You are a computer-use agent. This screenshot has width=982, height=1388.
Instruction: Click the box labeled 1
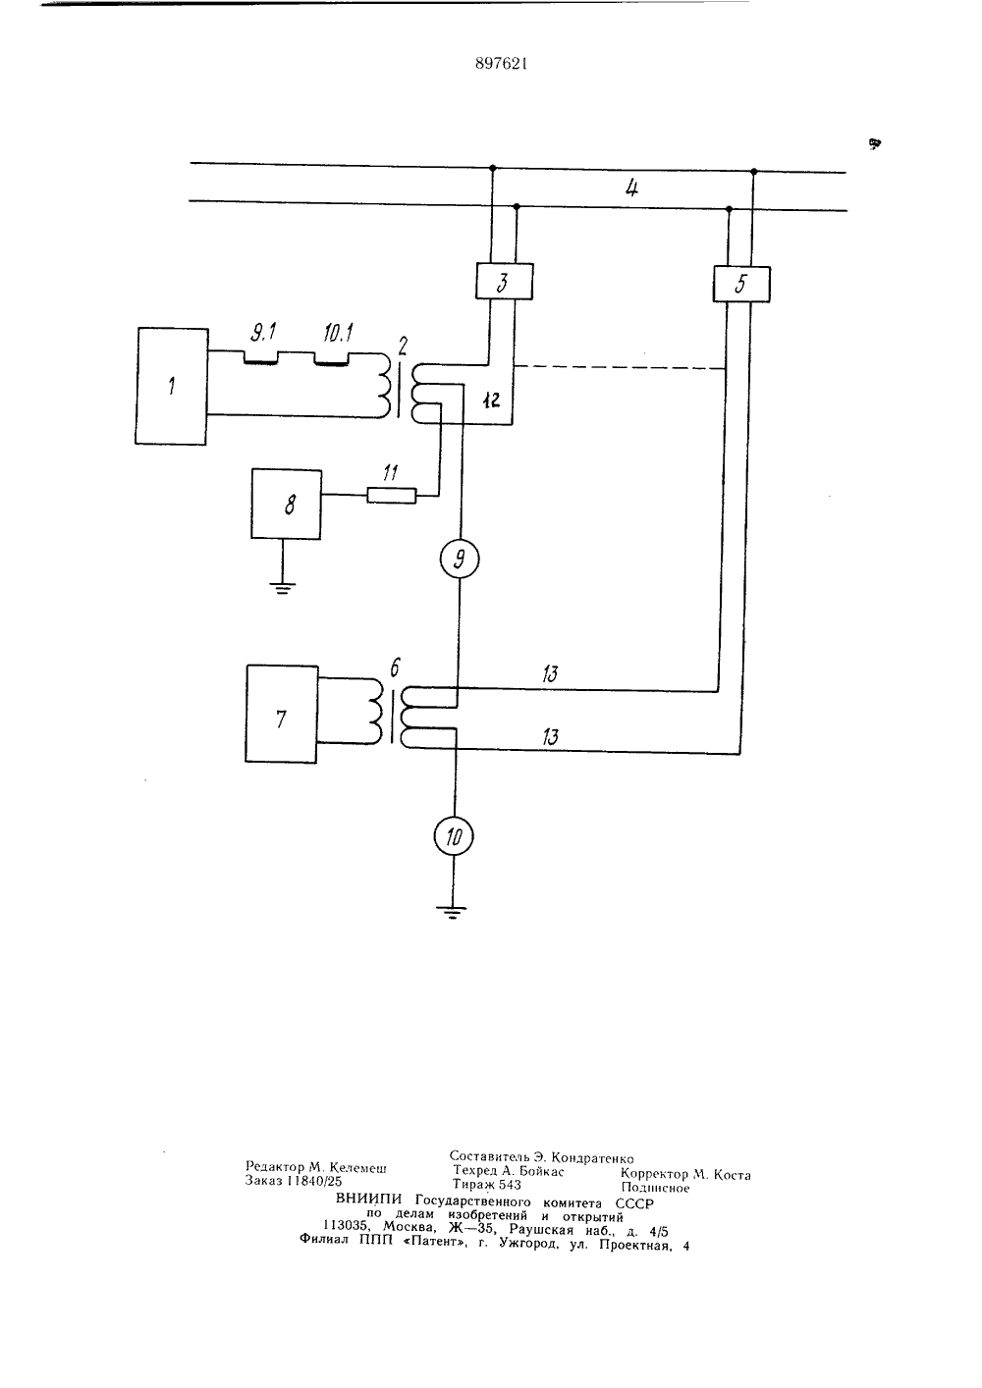pyautogui.click(x=171, y=386)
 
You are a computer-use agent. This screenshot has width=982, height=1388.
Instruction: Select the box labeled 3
pyautogui.click(x=504, y=282)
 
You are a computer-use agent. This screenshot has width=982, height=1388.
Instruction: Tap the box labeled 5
pyautogui.click(x=741, y=284)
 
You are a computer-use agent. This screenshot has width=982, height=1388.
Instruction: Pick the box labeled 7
pyautogui.click(x=282, y=714)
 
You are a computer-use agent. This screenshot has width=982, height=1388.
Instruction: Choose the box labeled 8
pyautogui.click(x=286, y=505)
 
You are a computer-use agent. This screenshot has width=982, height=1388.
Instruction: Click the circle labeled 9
pyautogui.click(x=460, y=559)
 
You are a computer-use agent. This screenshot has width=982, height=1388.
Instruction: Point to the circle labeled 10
pyautogui.click(x=454, y=836)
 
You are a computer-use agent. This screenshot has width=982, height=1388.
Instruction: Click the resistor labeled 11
pyautogui.click(x=391, y=495)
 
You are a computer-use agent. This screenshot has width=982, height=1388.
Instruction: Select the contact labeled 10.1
pyautogui.click(x=332, y=358)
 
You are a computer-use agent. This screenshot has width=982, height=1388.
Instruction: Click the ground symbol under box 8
pyautogui.click(x=283, y=587)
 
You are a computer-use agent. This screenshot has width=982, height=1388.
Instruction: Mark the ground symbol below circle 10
pyautogui.click(x=452, y=913)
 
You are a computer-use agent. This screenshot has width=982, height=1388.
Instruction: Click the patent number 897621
pyautogui.click(x=501, y=63)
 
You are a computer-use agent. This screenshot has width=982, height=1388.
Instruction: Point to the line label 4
pyautogui.click(x=631, y=187)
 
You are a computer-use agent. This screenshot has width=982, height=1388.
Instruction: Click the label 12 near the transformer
pyautogui.click(x=491, y=400)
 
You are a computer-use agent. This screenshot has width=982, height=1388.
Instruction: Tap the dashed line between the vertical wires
pyautogui.click(x=620, y=367)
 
